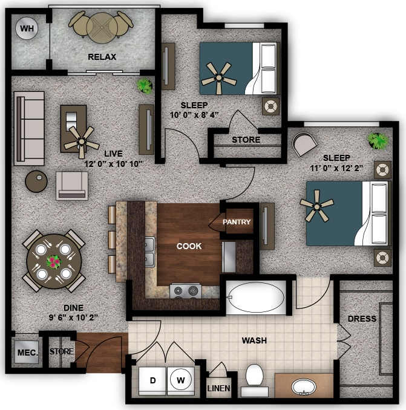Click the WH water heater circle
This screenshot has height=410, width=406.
26,28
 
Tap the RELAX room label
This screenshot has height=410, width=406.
102,57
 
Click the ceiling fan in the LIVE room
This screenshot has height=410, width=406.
80,138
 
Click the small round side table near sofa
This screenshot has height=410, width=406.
36,181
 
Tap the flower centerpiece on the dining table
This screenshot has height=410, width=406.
54,262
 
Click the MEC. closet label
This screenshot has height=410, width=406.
26,352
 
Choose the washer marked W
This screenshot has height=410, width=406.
180,380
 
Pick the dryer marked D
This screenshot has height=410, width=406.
152,380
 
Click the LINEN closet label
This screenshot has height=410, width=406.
218,388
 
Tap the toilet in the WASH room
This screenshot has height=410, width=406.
255,380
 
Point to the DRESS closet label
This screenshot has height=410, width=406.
362,319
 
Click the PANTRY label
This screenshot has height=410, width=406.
236,222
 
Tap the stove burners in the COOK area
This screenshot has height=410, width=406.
186,291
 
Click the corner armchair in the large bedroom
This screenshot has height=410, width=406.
304,145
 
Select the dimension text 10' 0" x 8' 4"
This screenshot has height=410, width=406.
195,115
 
